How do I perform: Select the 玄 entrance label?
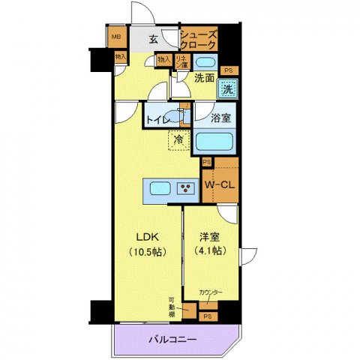click(153, 40)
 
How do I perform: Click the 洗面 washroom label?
click(205, 77)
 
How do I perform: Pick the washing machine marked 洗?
click(226, 88)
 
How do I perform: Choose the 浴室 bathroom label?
click(219, 118)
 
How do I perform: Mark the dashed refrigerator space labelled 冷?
click(178, 139)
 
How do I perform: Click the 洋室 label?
click(210, 236)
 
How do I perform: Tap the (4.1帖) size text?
click(210, 250)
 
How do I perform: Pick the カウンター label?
click(210, 291)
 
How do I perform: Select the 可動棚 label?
click(172, 306)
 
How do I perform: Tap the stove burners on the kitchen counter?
click(184, 188)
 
